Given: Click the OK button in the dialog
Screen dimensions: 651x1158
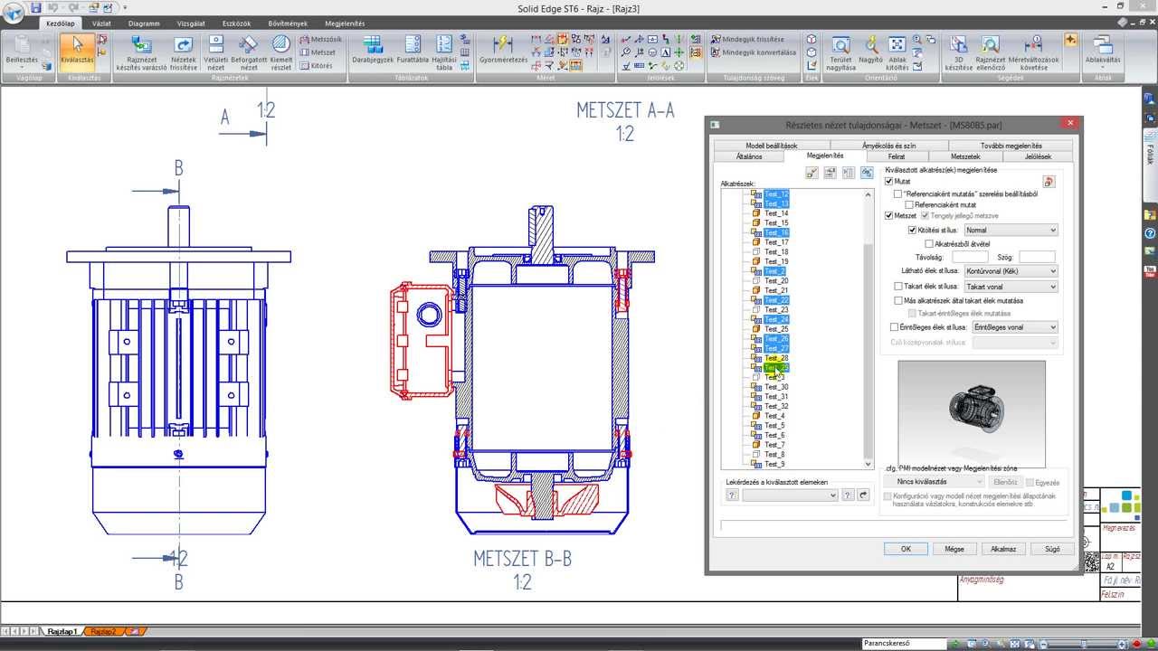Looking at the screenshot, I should click(x=906, y=549).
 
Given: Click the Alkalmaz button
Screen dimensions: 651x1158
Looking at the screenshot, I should click(x=1003, y=549).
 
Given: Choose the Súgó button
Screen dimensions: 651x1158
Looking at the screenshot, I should click(x=1052, y=549).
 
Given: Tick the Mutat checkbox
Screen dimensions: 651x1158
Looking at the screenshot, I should click(x=889, y=182).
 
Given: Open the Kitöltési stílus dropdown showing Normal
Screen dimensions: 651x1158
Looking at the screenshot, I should click(x=1010, y=231).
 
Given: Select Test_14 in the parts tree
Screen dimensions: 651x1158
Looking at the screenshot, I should click(x=776, y=213).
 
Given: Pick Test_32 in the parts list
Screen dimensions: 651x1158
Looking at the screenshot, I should click(x=776, y=406).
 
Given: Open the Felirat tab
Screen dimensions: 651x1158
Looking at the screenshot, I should click(x=896, y=156).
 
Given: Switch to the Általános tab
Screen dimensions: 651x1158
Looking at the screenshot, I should click(x=748, y=156).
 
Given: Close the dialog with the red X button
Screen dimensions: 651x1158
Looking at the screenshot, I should click(x=1070, y=124).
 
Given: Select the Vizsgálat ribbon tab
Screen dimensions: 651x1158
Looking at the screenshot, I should click(x=192, y=24).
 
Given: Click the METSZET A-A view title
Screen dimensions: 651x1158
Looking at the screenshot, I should click(x=625, y=111).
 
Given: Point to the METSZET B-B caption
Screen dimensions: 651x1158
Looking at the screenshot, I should click(x=522, y=559).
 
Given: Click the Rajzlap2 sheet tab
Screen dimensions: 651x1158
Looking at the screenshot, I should click(x=103, y=631).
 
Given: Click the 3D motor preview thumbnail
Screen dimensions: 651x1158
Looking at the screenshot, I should click(x=971, y=411).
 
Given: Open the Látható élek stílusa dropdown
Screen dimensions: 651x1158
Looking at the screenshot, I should click(x=1010, y=271).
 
